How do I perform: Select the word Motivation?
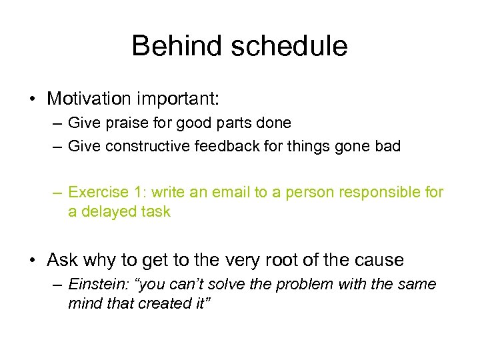tap(91, 99)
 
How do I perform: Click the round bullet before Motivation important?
tap(32, 99)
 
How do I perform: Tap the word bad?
tap(387, 145)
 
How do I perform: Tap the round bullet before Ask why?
tap(32, 260)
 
